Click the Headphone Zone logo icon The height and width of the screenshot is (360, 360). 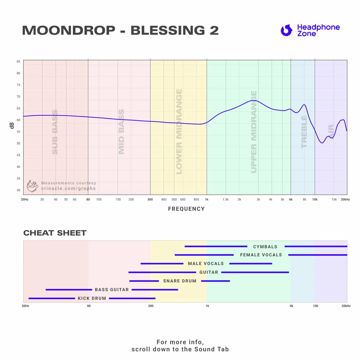pos(286,30)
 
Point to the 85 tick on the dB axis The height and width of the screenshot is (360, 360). pos(18,62)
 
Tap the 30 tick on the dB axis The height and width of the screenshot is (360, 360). pos(18,190)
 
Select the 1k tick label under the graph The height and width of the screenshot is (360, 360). pos(207,199)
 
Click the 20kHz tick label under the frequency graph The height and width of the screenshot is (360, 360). pos(345,199)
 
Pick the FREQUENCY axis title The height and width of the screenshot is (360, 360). pos(186,209)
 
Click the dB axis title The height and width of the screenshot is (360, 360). pos(12,126)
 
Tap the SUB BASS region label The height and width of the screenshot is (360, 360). pos(55,132)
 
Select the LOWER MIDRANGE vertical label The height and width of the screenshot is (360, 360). pos(179,132)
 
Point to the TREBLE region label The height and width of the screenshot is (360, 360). pos(304,132)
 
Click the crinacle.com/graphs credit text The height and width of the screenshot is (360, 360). pos(68,189)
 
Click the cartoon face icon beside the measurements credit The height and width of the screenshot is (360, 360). pos(32,186)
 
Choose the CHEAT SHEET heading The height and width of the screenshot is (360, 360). pos(55,233)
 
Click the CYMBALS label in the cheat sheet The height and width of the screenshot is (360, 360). pos(265,247)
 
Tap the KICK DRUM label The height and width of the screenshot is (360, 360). pos(92,298)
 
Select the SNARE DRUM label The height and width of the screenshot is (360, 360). pos(180,281)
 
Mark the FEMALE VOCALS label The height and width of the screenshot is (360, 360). pos(261,255)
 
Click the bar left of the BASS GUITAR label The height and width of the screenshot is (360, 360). pos(69,290)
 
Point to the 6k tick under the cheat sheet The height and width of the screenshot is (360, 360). pos(291,306)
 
